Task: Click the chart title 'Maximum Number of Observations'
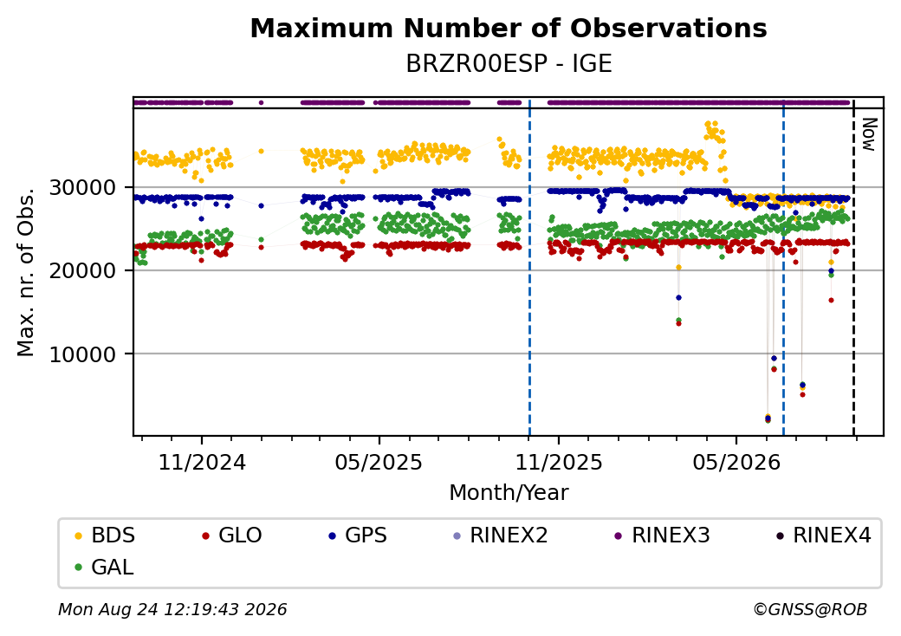click(509, 28)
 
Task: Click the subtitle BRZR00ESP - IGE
click(509, 64)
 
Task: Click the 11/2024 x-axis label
click(202, 462)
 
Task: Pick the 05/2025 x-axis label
click(379, 462)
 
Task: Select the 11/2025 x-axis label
click(559, 462)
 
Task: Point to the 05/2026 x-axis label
click(736, 462)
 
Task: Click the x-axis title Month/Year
click(509, 493)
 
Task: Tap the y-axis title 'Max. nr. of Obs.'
click(26, 272)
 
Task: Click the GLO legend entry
click(232, 535)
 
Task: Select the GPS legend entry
click(358, 535)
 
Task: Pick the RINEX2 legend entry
click(501, 535)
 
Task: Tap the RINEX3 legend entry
click(663, 535)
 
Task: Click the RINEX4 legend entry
click(824, 535)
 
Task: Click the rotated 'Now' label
click(870, 135)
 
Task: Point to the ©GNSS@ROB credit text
click(810, 609)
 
